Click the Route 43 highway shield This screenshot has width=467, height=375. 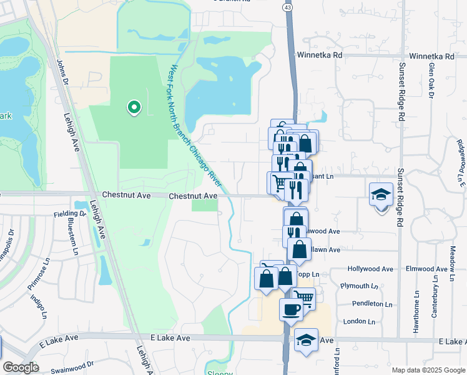287,6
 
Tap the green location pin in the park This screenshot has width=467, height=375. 133,108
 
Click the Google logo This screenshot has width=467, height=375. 21,367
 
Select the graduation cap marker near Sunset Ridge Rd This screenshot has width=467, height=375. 381,194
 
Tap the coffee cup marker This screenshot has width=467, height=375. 290,309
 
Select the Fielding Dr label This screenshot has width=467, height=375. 66,214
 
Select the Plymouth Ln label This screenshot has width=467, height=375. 360,286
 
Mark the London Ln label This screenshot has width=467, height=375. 359,321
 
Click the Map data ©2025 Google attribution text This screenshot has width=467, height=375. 428,370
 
